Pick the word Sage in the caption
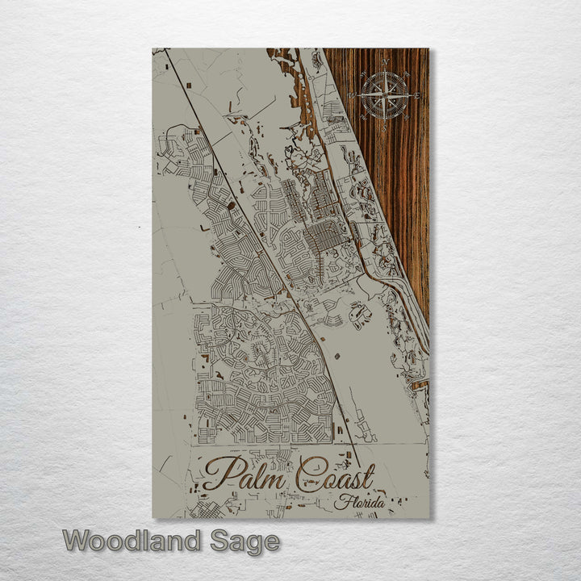(x=245, y=542)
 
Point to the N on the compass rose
(x=385, y=62)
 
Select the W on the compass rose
(x=352, y=96)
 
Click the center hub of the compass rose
(x=385, y=95)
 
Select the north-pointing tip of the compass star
(x=385, y=69)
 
